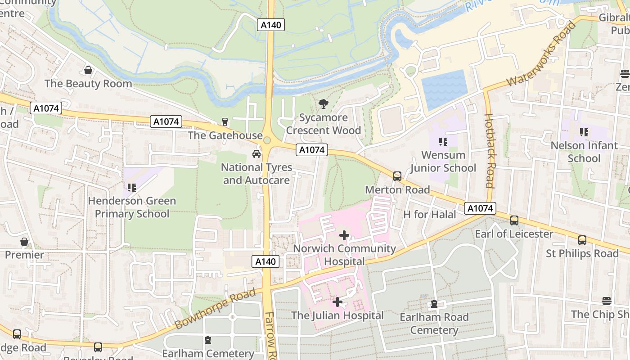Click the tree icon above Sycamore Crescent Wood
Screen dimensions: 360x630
(x=323, y=104)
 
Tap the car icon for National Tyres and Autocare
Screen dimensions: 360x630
(x=256, y=154)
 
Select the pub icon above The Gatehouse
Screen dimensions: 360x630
(x=225, y=122)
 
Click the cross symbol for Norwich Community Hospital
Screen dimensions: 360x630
(x=344, y=235)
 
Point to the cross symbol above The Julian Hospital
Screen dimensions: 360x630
(x=337, y=302)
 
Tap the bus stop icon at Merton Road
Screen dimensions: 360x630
(x=397, y=176)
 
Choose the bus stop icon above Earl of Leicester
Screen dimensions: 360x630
(x=514, y=220)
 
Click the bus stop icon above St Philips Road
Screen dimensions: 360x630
(x=582, y=240)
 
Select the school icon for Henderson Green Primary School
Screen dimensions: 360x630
(x=131, y=187)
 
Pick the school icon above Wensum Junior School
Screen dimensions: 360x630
(x=443, y=142)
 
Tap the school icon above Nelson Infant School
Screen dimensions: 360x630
(x=584, y=132)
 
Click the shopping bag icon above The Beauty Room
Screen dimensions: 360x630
(x=88, y=70)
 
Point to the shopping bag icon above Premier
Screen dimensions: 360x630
(x=24, y=242)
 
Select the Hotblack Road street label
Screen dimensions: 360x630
(x=489, y=150)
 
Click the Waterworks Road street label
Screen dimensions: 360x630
(x=541, y=54)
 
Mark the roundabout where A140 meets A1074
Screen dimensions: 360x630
(x=267, y=140)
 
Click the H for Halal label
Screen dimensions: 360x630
(x=429, y=214)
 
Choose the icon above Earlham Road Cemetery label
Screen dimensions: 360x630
(x=434, y=304)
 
